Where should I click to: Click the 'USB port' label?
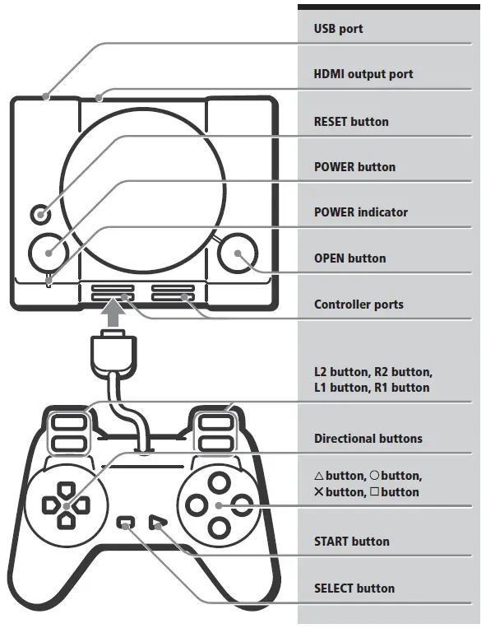(338, 29)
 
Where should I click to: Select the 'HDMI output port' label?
(363, 74)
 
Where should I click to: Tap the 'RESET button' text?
(351, 122)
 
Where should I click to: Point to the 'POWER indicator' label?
(360, 212)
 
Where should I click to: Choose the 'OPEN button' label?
(349, 258)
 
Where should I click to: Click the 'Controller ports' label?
(359, 305)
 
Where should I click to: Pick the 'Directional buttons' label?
(368, 439)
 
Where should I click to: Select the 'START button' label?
(351, 542)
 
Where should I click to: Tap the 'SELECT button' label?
(354, 588)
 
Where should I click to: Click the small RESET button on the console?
(39, 215)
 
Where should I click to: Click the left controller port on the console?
(113, 295)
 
